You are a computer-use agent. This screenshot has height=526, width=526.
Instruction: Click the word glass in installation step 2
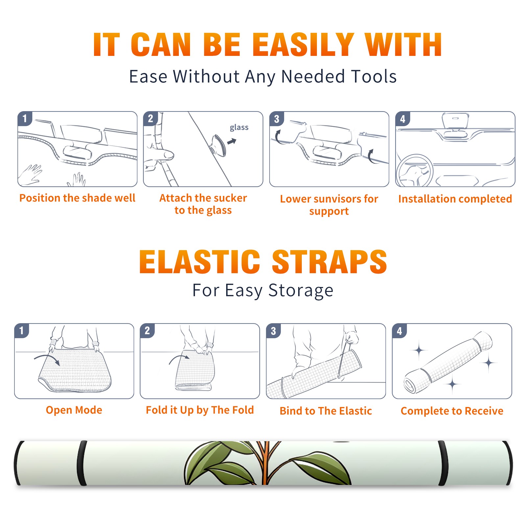(239, 127)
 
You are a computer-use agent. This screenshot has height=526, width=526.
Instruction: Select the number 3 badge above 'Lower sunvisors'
(276, 119)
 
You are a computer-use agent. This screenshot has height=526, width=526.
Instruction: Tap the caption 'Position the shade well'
(77, 198)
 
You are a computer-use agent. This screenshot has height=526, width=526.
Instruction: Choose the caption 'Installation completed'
(455, 199)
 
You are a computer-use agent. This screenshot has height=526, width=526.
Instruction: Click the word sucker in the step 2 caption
(230, 198)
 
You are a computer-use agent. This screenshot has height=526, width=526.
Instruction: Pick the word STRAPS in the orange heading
(329, 262)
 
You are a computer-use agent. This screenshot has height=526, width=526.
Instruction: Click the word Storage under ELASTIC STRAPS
(301, 291)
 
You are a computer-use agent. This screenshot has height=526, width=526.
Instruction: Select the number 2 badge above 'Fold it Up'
(147, 330)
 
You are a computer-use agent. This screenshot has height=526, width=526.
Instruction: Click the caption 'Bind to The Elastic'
(326, 411)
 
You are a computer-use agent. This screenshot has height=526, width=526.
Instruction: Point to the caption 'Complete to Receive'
(452, 411)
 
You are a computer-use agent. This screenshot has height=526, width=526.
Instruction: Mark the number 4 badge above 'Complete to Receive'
(399, 331)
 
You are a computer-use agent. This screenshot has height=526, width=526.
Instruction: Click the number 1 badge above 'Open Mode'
(22, 330)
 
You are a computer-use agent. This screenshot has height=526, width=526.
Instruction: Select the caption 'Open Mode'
(74, 410)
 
